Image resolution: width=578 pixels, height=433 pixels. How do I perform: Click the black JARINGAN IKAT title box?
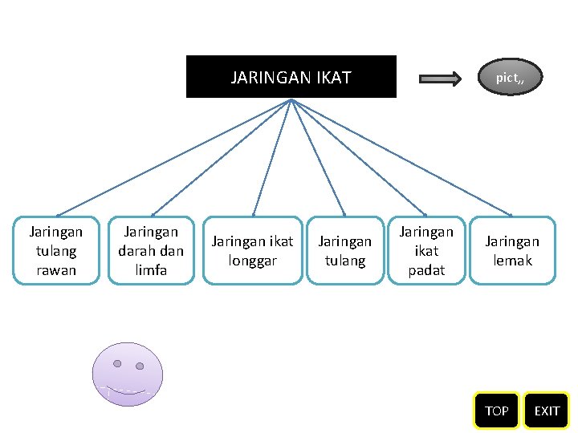click(291, 76)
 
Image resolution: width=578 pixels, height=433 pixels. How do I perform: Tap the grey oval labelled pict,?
click(511, 78)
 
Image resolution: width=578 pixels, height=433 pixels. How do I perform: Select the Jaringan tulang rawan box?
click(56, 250)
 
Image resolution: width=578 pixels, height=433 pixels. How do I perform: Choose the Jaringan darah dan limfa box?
click(151, 250)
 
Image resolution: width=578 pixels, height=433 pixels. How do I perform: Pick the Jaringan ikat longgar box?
click(252, 250)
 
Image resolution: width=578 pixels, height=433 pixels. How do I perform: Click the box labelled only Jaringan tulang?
click(345, 250)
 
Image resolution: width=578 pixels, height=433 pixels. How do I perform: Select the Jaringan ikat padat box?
click(426, 250)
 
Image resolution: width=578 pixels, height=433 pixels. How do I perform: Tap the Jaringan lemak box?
click(512, 250)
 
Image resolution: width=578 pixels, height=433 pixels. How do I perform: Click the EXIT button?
click(547, 411)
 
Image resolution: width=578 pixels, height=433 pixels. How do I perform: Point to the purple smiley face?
click(128, 374)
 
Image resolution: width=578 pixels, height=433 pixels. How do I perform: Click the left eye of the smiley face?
click(117, 363)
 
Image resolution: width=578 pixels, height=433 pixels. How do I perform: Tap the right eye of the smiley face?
click(139, 366)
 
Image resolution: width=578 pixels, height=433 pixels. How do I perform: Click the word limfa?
click(151, 270)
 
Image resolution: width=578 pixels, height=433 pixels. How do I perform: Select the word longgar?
click(252, 261)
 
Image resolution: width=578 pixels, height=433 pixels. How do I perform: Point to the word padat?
click(426, 270)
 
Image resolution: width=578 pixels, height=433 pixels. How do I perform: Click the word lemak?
click(512, 261)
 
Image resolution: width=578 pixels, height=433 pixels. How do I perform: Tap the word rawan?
click(56, 270)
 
